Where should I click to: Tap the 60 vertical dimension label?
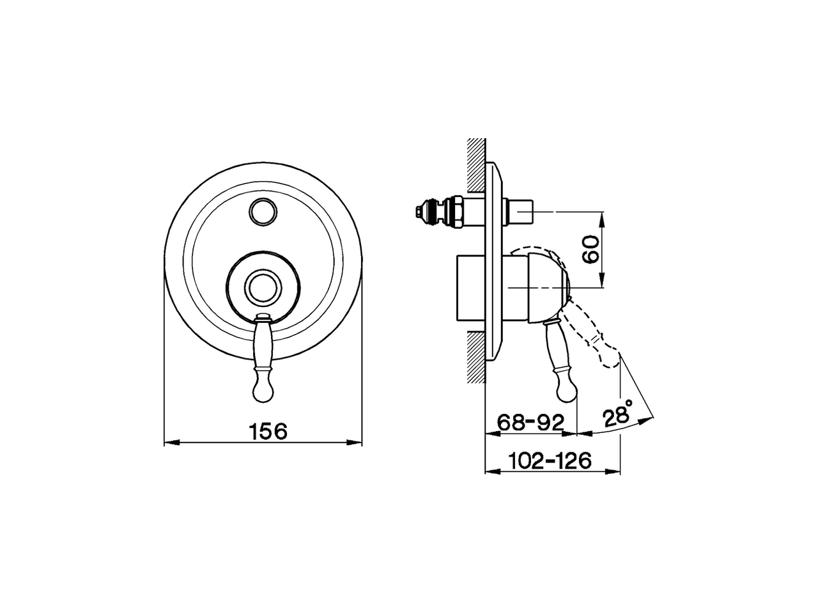pos(590,249)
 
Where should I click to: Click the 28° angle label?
pos(619,416)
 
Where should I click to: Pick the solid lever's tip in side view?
pos(567,391)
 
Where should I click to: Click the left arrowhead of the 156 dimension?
pos(169,441)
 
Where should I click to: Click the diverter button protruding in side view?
pos(523,211)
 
